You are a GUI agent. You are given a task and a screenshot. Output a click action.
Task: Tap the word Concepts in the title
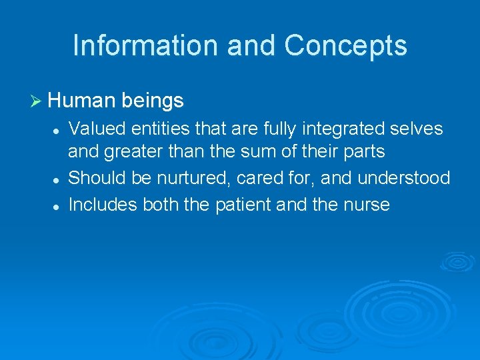pyautogui.click(x=345, y=45)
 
